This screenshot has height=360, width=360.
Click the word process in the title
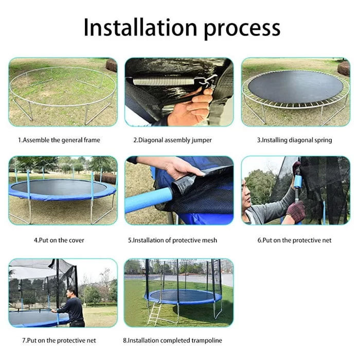242,29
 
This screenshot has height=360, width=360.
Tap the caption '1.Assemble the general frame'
59,140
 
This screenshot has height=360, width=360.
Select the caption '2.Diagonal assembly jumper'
172,140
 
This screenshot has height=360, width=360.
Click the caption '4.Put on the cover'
59,240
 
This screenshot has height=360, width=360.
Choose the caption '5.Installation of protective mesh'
172,240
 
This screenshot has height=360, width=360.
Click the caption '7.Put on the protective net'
59,340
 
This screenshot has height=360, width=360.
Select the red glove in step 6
296,211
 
